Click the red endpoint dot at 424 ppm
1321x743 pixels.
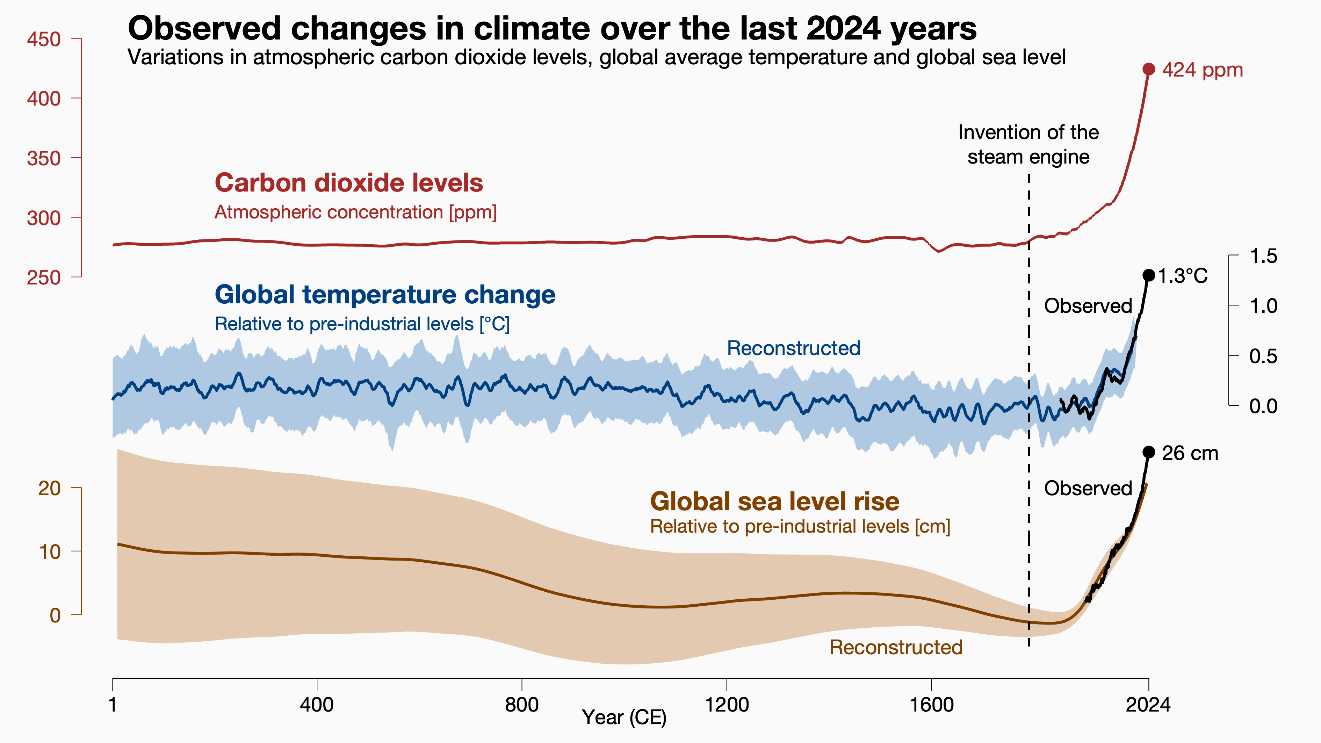tap(1149, 69)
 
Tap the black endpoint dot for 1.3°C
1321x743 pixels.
tap(1149, 275)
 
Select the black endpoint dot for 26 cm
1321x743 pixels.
tap(1149, 452)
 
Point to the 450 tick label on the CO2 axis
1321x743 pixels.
tap(44, 39)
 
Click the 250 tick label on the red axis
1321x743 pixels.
tap(44, 277)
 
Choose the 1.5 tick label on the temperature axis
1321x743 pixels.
tap(1263, 256)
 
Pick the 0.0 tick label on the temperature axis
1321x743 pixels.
tap(1263, 406)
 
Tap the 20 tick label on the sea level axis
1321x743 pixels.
tap(49, 488)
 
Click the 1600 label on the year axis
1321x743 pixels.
tap(931, 705)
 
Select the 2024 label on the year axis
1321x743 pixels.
tap(1148, 705)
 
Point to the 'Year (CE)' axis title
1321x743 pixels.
tap(624, 717)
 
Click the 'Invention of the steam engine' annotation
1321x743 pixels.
tap(1028, 145)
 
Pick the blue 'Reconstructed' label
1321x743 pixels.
tap(793, 348)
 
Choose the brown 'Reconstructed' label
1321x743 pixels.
tap(896, 647)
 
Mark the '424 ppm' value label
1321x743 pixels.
tap(1203, 70)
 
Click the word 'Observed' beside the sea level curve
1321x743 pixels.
tap(1088, 488)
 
